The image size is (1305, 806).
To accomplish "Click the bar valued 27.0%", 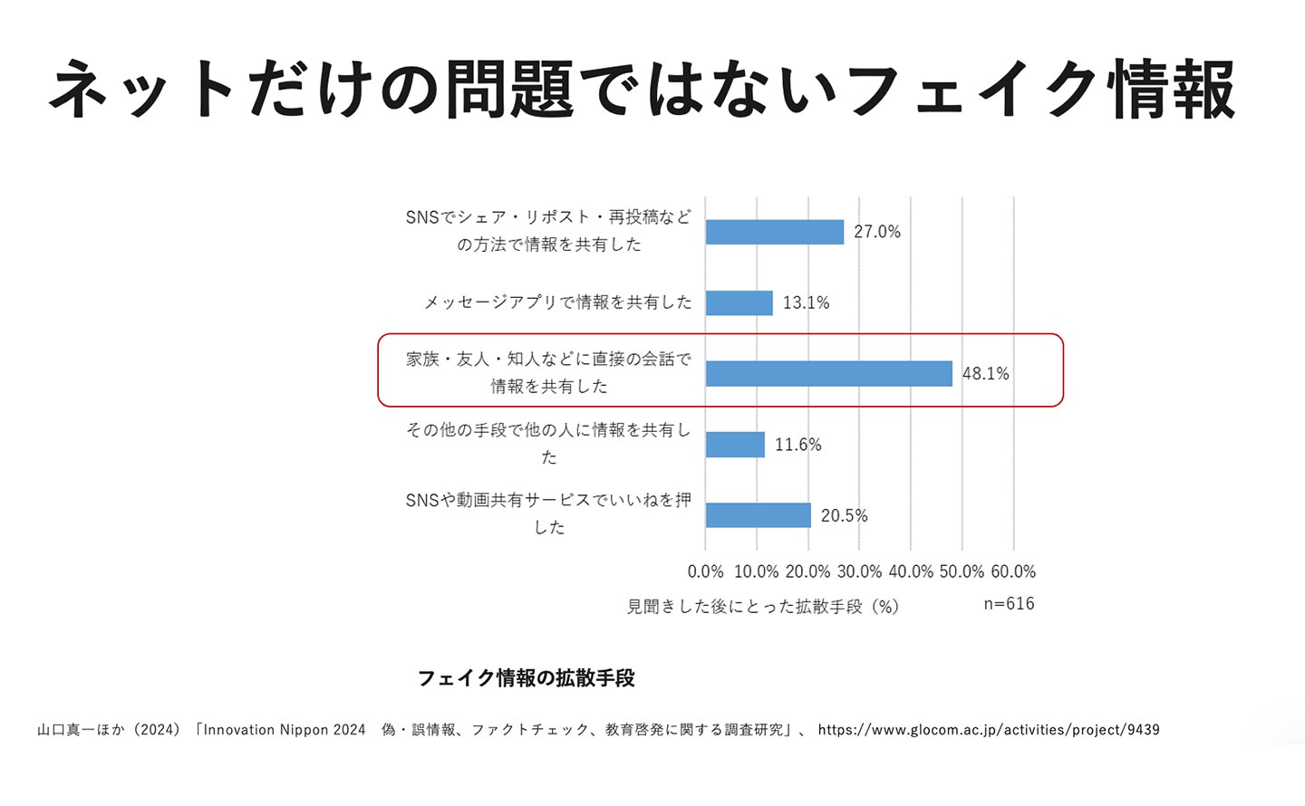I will (x=774, y=232).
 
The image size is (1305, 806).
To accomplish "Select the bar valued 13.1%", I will (x=739, y=302).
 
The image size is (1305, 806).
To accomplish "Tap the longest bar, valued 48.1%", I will (x=828, y=373).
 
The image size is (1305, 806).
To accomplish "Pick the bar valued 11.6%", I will (x=735, y=445).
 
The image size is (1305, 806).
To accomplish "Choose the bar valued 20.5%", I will (x=758, y=515).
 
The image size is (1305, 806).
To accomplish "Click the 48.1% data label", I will (x=985, y=373).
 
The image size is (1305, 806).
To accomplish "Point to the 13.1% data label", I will (x=806, y=302).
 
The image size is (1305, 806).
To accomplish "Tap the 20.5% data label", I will (x=844, y=515).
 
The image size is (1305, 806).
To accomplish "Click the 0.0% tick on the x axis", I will (x=705, y=571).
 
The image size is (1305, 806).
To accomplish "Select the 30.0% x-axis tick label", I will (x=859, y=571).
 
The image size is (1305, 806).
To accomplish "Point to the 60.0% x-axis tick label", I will (x=1013, y=571).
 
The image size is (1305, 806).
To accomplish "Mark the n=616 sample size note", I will (x=1009, y=603).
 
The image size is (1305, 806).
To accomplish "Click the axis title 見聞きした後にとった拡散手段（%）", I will (x=763, y=606).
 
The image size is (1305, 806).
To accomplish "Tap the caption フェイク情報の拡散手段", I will (x=526, y=677).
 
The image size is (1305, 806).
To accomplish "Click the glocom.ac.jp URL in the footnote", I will (x=989, y=730).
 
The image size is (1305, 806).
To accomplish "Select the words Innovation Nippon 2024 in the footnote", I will (x=285, y=730).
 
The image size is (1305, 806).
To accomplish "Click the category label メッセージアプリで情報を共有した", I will (x=557, y=302).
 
